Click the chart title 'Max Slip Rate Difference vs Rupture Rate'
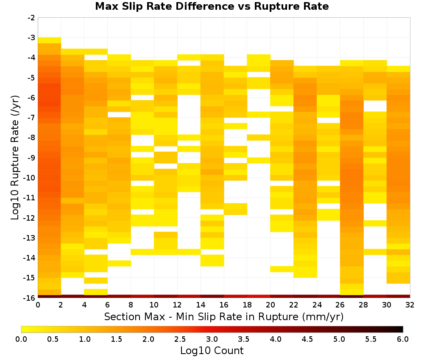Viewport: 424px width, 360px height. (x=212, y=6)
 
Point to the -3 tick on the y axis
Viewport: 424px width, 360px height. (x=31, y=38)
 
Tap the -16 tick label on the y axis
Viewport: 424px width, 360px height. (x=30, y=298)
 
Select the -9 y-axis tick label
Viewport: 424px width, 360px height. (x=31, y=158)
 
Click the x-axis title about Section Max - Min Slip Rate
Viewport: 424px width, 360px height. (x=223, y=316)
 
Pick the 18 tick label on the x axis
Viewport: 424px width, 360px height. (x=247, y=305)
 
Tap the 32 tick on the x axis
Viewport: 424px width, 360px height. (x=410, y=305)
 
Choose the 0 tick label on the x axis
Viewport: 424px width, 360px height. (x=38, y=305)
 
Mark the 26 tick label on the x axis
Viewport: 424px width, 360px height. (x=340, y=305)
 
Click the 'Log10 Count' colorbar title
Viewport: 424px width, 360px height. (x=212, y=351)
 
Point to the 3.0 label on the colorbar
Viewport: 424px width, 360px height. (x=212, y=339)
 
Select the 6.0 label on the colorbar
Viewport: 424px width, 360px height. (x=403, y=339)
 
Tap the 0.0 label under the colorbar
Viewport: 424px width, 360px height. (x=21, y=339)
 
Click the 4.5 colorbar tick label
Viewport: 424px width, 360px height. (x=307, y=339)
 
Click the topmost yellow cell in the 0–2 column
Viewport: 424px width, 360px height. (x=50, y=40)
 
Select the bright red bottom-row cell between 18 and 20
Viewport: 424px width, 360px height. (x=259, y=296)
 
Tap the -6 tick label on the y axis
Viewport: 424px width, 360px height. (x=31, y=98)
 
